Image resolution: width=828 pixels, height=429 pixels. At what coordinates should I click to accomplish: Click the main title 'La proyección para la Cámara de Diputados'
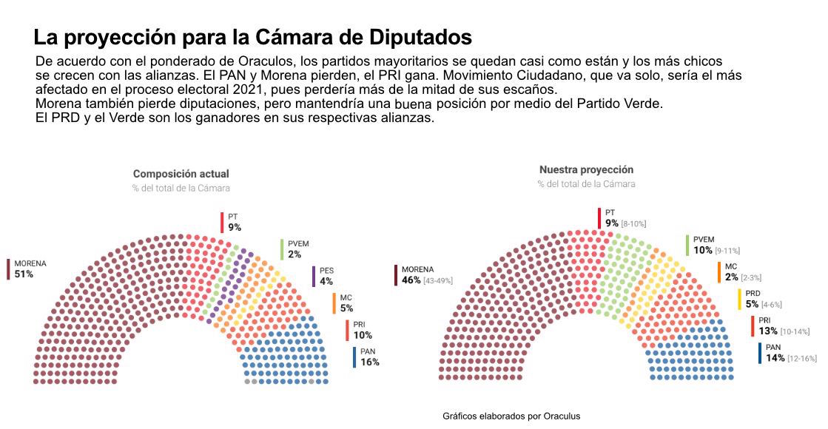tap(252, 37)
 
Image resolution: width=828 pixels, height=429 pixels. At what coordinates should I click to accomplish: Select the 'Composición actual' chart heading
tap(181, 174)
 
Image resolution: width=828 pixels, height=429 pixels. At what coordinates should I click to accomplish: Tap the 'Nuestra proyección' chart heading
tap(586, 169)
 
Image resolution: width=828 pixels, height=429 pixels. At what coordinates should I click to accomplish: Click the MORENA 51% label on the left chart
tap(30, 269)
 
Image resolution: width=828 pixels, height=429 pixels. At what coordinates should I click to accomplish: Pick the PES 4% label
tap(326, 276)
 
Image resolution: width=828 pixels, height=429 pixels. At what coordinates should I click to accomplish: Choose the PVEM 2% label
tap(296, 249)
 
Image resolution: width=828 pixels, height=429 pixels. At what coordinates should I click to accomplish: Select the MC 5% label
tap(346, 303)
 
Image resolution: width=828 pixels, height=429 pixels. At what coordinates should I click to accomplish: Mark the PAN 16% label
tap(370, 357)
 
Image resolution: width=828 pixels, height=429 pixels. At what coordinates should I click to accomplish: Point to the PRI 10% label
tap(363, 330)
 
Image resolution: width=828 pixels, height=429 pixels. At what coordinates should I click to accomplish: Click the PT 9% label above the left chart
tap(234, 223)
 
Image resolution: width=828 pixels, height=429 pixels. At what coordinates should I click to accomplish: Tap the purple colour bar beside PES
tap(314, 276)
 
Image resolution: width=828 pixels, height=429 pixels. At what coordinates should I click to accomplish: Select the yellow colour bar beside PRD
tap(739, 299)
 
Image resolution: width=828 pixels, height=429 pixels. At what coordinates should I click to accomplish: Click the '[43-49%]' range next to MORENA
tap(438, 280)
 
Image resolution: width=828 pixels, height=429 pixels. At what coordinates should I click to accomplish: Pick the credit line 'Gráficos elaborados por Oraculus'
tap(511, 416)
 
